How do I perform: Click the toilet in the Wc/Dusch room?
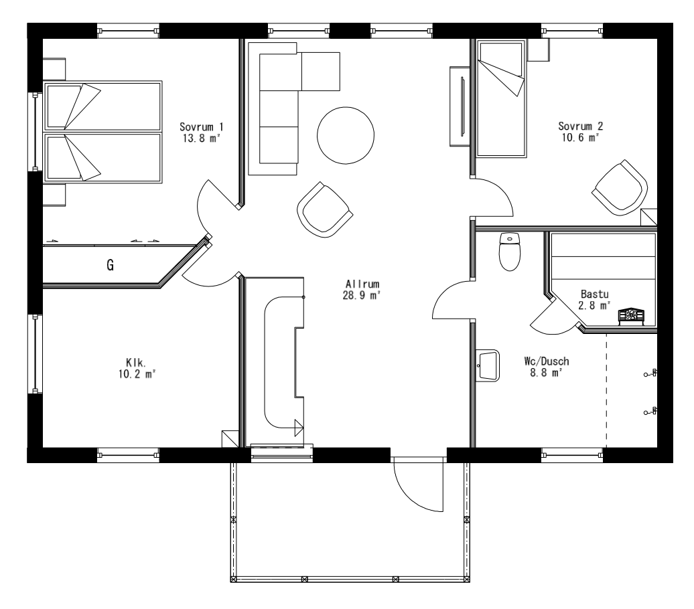510,252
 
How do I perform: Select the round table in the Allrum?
345,135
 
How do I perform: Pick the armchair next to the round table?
324,209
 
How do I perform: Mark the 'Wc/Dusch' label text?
547,362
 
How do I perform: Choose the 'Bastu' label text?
595,294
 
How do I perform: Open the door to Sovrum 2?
492,197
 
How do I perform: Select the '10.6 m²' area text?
578,137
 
